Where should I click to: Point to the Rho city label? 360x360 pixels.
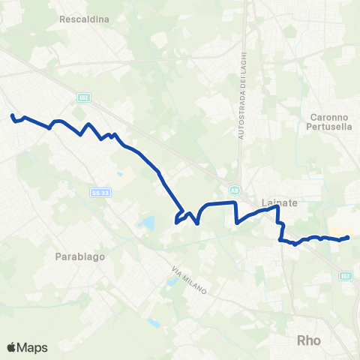309,340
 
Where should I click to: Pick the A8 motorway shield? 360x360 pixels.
235,190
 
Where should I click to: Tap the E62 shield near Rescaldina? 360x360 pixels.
83,97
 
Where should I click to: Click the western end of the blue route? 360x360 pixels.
12,115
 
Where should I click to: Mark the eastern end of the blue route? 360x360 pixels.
348,238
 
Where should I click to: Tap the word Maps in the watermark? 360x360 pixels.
33,347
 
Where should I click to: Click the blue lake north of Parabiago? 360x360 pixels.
146,223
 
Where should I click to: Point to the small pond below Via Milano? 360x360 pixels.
154,322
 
